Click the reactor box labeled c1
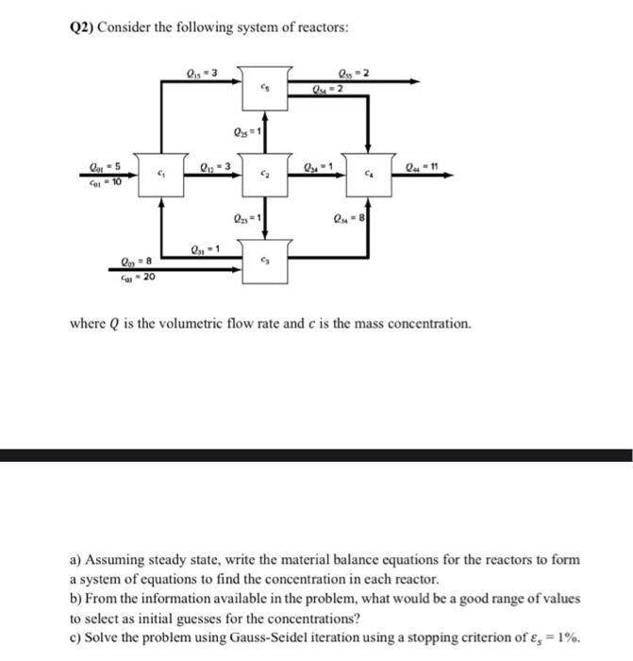point(161,176)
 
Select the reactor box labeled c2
point(266,176)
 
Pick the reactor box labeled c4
point(369,176)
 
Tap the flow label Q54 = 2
point(328,90)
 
